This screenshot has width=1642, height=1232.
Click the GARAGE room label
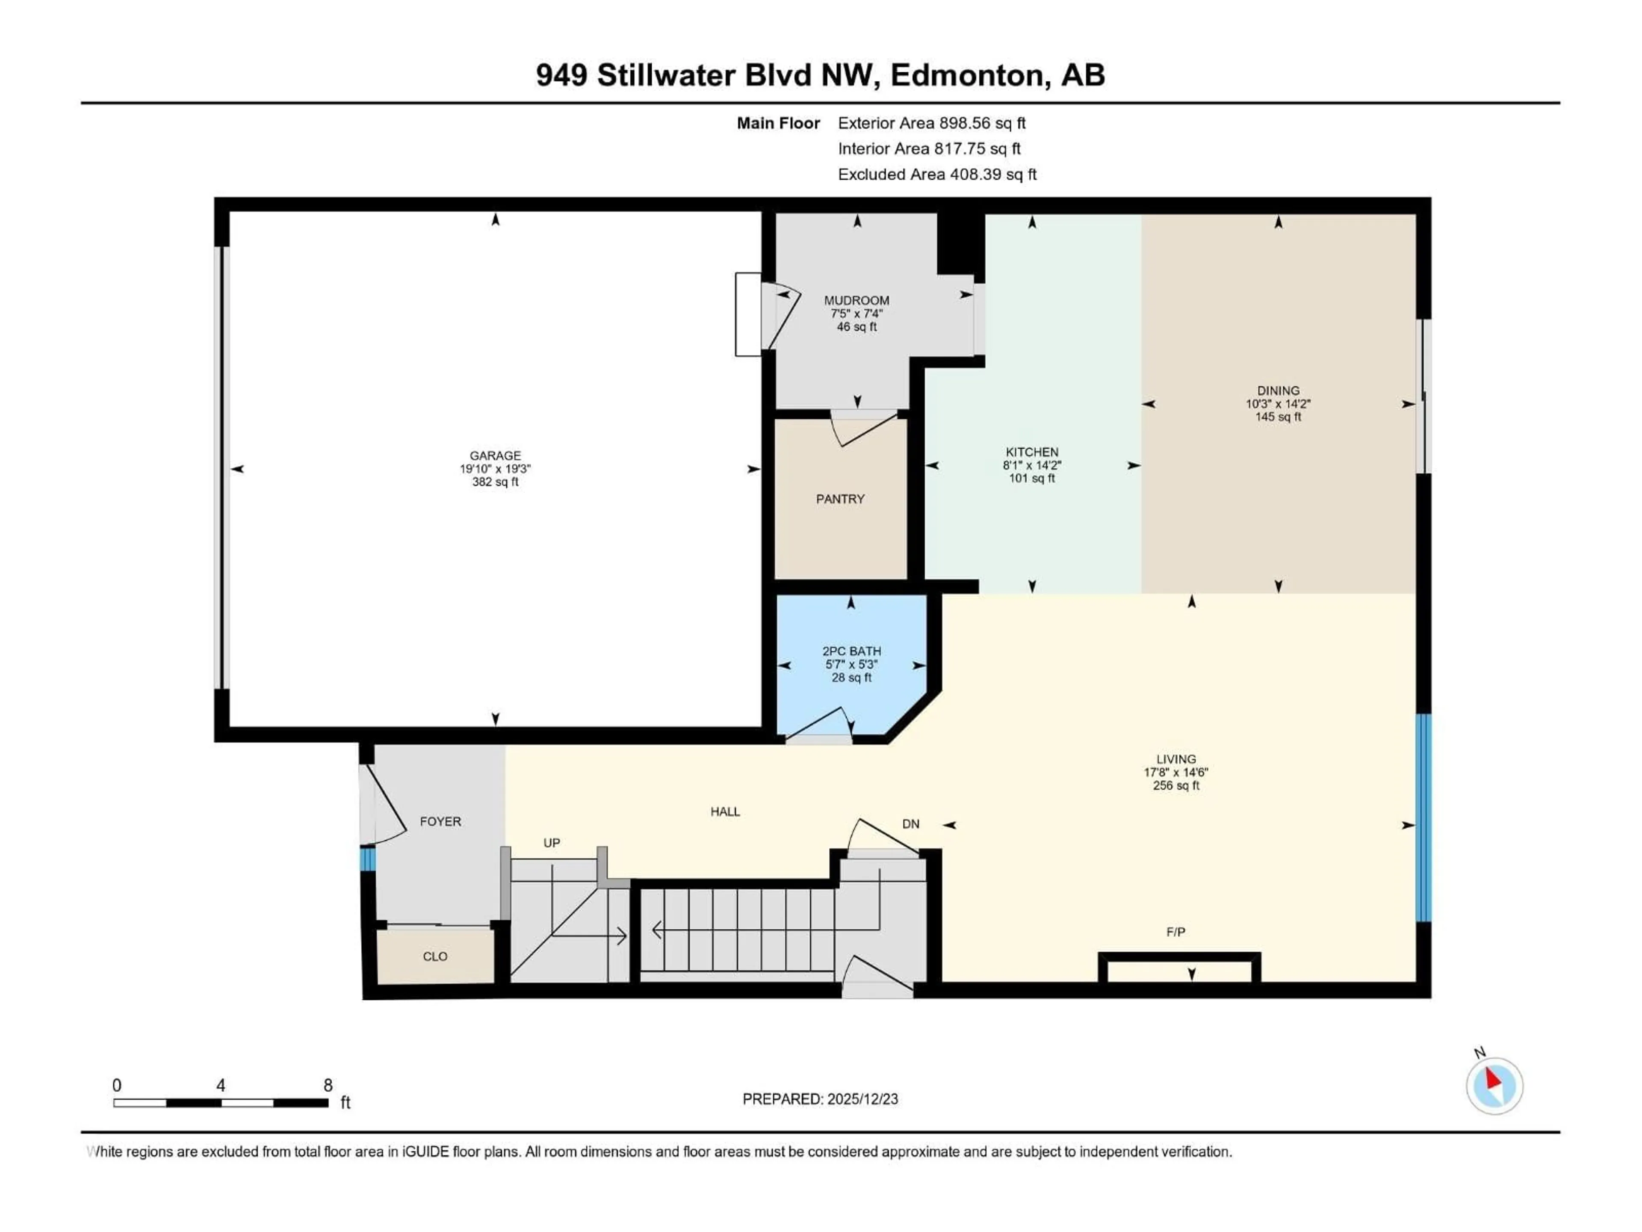coord(495,455)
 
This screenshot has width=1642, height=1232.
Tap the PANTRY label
coord(840,499)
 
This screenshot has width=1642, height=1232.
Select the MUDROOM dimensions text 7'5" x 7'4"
coord(856,314)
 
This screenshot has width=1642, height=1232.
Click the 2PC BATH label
coord(851,651)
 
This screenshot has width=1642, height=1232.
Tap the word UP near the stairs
coord(552,843)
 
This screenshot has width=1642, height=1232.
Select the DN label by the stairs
coord(911,823)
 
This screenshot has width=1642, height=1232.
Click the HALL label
coord(725,811)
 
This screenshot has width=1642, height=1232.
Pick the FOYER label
coord(440,821)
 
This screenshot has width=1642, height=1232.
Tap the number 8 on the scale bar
coord(328,1085)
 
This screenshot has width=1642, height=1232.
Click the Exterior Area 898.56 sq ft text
coord(932,123)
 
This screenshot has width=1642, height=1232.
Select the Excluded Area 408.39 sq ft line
coord(937,175)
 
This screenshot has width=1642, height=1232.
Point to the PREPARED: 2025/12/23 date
coord(820,1099)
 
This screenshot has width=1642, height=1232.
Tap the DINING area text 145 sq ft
coord(1278,417)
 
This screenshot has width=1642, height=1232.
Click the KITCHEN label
coord(1032,451)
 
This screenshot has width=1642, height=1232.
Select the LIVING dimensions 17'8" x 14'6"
coord(1176,772)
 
